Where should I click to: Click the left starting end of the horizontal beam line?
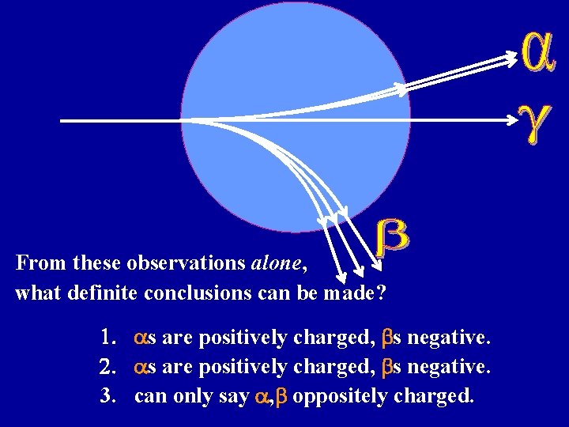click(62, 121)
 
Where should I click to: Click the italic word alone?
click(277, 262)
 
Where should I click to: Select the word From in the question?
click(35, 262)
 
